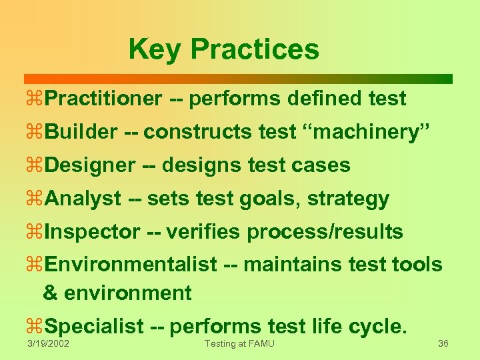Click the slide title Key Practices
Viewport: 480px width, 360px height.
point(224,49)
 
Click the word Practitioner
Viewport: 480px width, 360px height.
point(104,99)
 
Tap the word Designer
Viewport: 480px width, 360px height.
point(91,166)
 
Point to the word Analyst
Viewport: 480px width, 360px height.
point(84,199)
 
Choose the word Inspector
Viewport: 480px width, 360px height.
point(93,233)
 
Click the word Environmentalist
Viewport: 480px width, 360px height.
point(131,265)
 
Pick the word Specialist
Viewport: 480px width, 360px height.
point(95,327)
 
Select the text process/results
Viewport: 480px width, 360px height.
point(325,233)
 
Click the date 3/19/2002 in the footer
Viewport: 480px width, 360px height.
point(48,343)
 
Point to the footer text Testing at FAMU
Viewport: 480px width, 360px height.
point(239,343)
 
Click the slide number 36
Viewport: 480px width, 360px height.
point(443,343)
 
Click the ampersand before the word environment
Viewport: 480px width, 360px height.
point(49,293)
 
